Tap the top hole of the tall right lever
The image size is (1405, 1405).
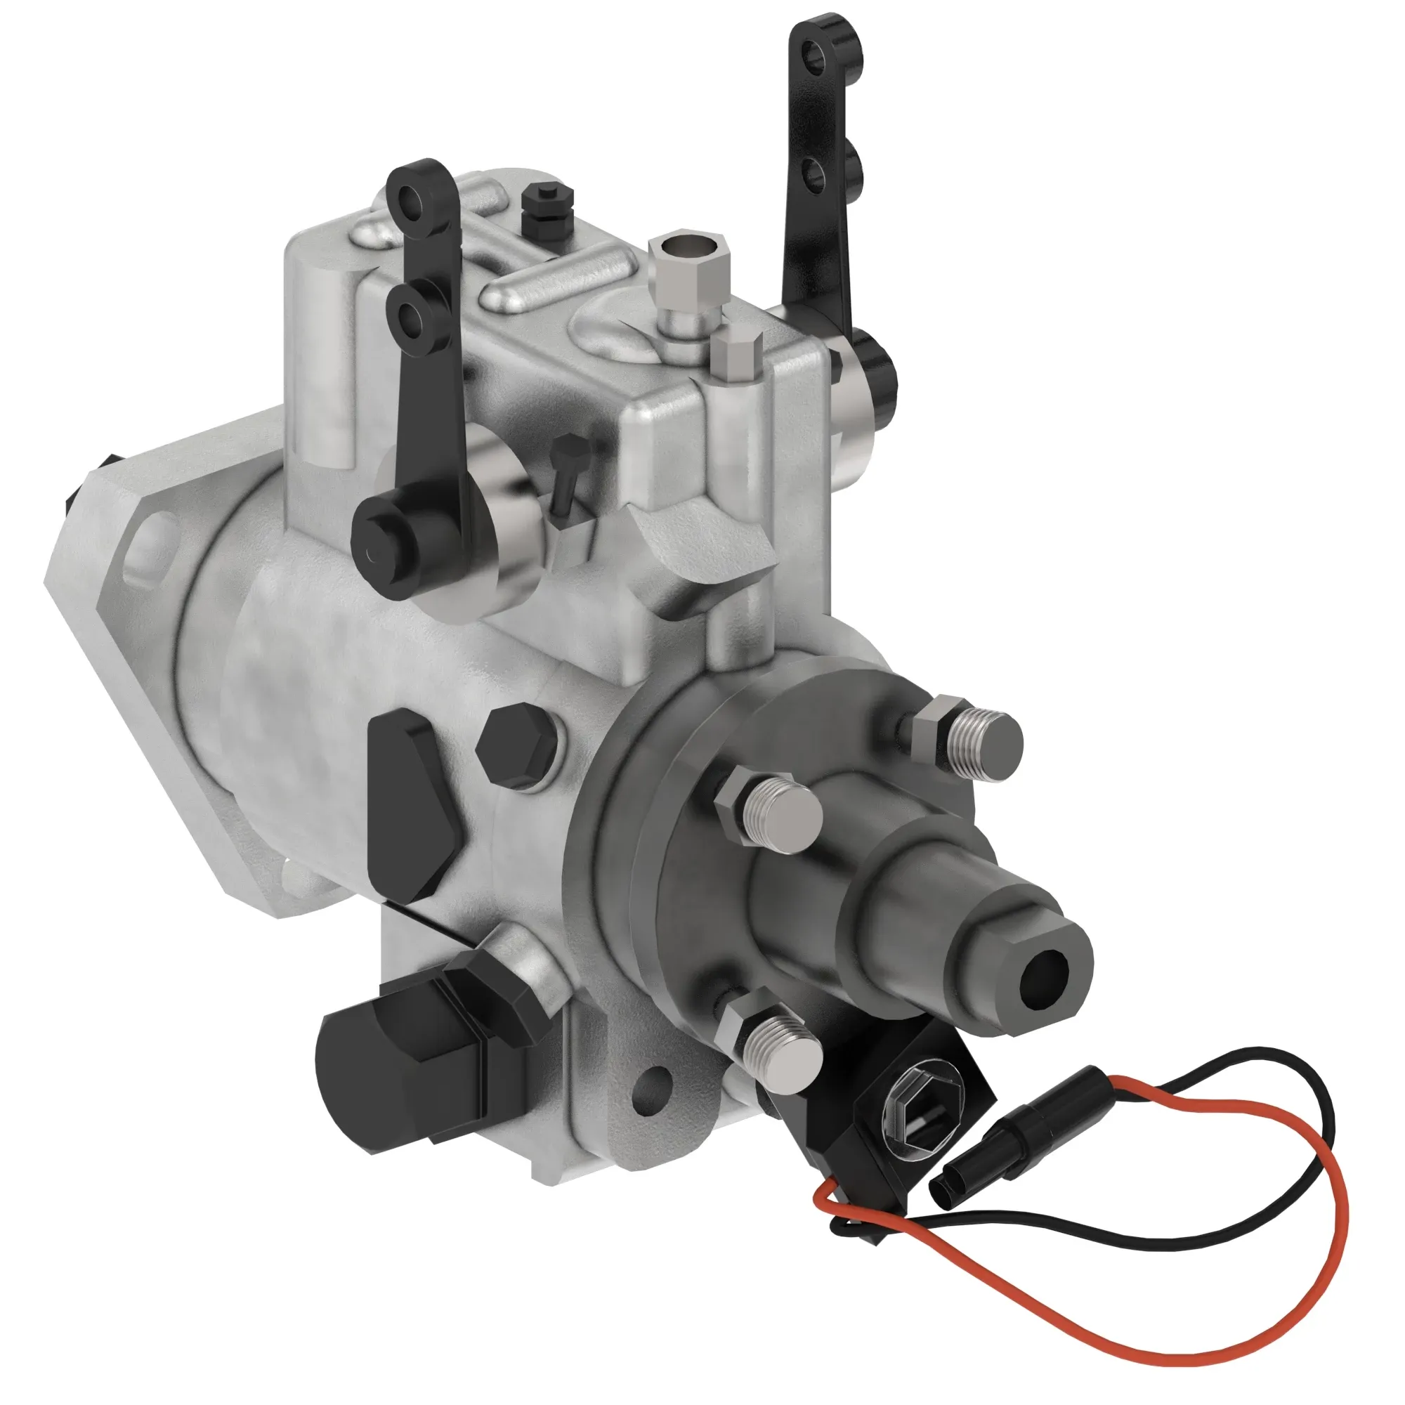coord(818,55)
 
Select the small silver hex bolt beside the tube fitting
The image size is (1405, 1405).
coord(736,353)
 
